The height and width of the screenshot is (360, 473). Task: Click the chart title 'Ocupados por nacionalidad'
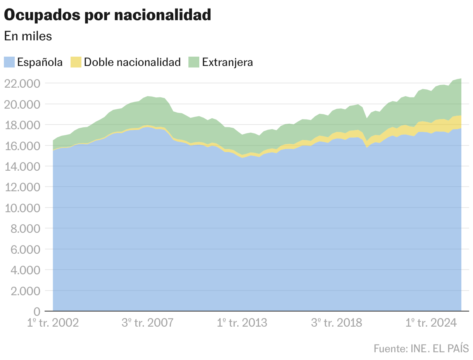[x=107, y=15]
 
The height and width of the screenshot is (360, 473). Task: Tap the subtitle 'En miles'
[x=28, y=36]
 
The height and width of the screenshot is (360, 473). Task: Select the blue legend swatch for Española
[x=9, y=62]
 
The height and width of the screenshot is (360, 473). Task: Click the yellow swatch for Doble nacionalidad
[x=76, y=62]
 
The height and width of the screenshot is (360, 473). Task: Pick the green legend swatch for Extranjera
[x=193, y=62]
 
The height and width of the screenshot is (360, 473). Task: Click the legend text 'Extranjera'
[x=228, y=62]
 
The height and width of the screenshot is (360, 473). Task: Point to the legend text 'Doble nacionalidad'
[x=132, y=62]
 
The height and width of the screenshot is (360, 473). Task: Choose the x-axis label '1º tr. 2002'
[x=53, y=323]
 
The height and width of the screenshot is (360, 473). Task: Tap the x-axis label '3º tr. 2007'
[x=147, y=323]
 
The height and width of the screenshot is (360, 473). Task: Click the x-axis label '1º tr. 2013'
[x=242, y=323]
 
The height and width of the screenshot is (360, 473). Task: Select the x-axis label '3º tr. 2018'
[x=337, y=323]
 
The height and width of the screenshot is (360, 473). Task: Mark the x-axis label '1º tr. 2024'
[x=431, y=323]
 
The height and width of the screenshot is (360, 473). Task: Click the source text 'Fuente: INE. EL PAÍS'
[x=421, y=348]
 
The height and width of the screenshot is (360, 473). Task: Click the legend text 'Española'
[x=40, y=62]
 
